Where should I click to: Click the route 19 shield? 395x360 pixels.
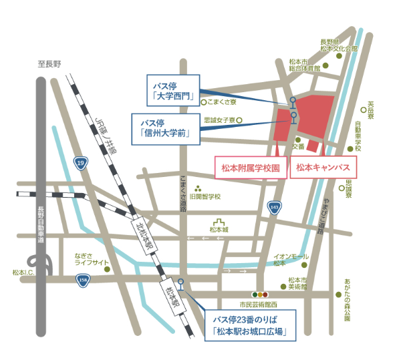[81, 163]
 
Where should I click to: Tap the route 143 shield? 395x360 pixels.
[273, 207]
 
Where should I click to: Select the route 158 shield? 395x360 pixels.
[82, 281]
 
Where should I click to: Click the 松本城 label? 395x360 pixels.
[219, 230]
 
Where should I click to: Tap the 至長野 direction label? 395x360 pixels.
[49, 64]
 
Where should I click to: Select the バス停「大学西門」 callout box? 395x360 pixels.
[170, 91]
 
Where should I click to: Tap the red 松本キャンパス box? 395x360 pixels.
[323, 168]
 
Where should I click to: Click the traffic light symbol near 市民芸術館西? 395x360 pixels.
[259, 294]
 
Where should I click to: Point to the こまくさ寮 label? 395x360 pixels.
[222, 102]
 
